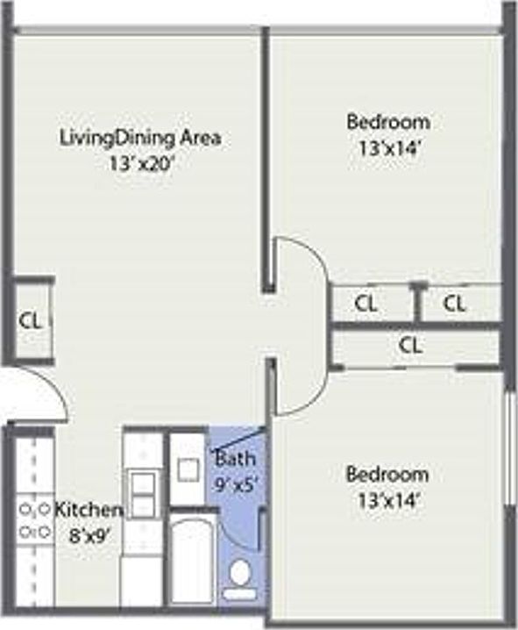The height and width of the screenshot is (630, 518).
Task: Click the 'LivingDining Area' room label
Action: tap(140, 139)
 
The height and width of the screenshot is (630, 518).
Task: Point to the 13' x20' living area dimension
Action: tap(141, 164)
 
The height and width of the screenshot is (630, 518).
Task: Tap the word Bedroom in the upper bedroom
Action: tap(388, 122)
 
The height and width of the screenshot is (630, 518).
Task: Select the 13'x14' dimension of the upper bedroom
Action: tap(389, 149)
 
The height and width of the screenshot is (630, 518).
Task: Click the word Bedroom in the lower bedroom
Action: tap(387, 474)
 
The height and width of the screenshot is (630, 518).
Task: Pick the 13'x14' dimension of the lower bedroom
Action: tap(388, 501)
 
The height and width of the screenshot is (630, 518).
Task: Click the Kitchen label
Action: tap(89, 510)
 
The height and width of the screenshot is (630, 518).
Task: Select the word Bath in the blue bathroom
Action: tap(235, 458)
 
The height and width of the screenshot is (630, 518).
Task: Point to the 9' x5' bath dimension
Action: tap(235, 485)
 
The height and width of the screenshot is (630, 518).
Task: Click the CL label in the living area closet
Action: tap(31, 320)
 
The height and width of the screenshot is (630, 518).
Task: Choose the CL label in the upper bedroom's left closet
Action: tap(365, 304)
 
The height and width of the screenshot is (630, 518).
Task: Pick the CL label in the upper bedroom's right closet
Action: tap(454, 304)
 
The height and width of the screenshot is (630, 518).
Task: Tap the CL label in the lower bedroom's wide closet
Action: tap(410, 345)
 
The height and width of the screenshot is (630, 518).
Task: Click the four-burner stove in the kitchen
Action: tap(35, 520)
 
